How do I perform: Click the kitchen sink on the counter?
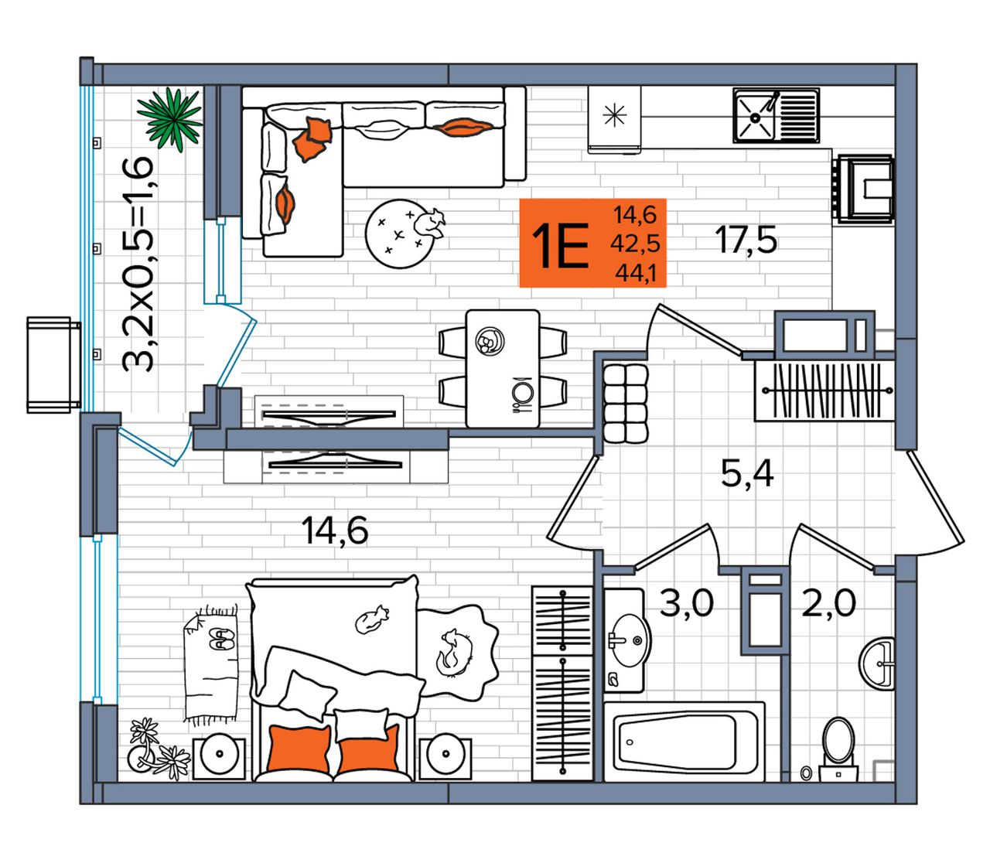pyautogui.click(x=776, y=115)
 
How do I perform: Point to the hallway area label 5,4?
pyautogui.click(x=747, y=474)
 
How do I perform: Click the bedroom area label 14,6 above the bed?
pyautogui.click(x=335, y=530)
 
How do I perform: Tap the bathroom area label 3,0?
pyautogui.click(x=686, y=603)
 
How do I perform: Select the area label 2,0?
pyautogui.click(x=828, y=603)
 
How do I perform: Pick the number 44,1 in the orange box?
pyautogui.click(x=635, y=274)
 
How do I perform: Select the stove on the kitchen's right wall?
pyautogui.click(x=862, y=190)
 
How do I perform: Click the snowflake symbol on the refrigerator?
pyautogui.click(x=615, y=115)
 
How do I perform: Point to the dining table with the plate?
pyautogui.click(x=503, y=368)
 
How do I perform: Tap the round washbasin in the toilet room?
pyautogui.click(x=877, y=663)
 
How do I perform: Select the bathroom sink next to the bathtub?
pyautogui.click(x=628, y=640)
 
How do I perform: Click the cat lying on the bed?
pyautogui.click(x=370, y=620)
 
